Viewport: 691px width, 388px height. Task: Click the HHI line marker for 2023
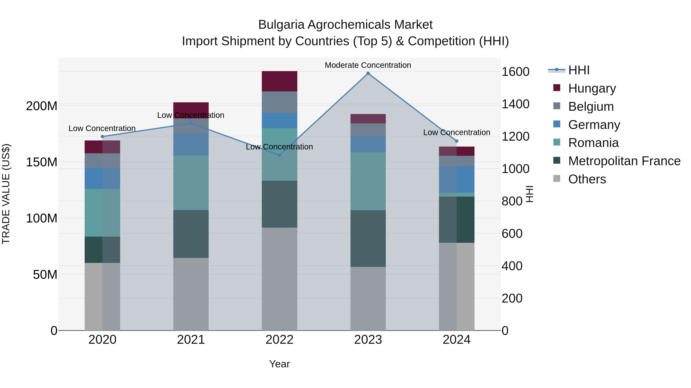368,73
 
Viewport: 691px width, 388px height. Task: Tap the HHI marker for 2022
279,155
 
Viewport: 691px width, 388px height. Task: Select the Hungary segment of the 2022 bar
279,81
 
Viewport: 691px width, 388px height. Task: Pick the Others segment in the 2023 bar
368,298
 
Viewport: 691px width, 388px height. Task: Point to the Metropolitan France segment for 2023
368,238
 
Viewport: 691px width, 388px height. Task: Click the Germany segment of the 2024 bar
457,179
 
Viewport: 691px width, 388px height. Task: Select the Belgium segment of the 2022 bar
279,102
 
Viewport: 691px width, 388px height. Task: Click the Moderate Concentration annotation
368,65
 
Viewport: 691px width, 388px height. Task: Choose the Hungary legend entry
592,88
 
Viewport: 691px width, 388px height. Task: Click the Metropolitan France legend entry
624,161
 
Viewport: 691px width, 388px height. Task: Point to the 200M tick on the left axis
42,106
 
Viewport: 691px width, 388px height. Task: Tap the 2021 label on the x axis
191,340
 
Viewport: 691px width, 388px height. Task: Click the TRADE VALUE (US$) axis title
6,194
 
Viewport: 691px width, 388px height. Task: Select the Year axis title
279,364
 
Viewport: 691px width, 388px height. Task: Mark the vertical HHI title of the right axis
529,194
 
